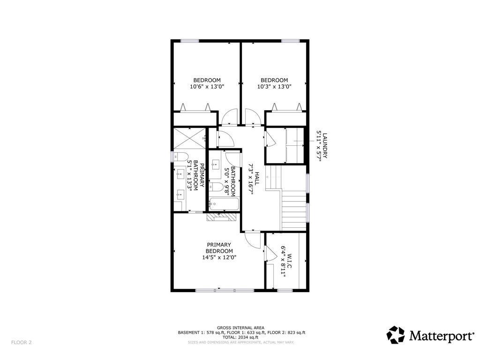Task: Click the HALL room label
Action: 257,178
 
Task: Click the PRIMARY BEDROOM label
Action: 219,247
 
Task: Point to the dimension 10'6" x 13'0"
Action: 207,87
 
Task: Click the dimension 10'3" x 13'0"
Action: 274,87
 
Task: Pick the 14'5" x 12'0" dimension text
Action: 219,257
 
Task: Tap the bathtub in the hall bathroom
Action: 224,204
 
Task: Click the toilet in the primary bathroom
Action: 180,157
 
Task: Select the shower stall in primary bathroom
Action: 190,138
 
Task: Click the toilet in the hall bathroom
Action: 216,187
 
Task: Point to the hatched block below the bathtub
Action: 222,217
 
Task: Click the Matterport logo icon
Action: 395,335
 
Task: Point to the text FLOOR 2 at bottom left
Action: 22,342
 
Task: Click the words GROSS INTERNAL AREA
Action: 240,328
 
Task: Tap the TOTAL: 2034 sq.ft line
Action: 240,337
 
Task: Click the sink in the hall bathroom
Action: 215,165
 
